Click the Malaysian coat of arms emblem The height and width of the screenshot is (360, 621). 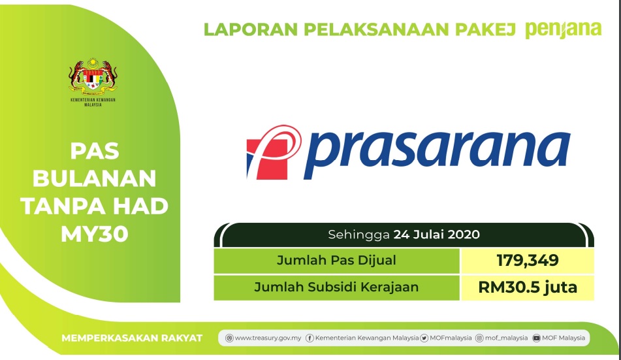click(x=93, y=77)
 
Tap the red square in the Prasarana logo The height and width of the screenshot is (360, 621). click(x=267, y=159)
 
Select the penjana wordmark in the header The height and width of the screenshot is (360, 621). click(x=563, y=30)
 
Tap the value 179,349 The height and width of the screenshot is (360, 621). click(x=528, y=261)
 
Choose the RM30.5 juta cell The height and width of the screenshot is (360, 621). click(x=528, y=287)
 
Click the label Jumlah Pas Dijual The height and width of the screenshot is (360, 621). click(x=336, y=261)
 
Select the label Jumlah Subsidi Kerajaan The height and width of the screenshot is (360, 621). click(x=336, y=287)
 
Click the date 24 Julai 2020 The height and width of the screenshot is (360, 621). click(x=436, y=235)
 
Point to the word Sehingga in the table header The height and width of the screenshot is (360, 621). click(x=358, y=235)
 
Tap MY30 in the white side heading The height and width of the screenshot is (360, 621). click(x=95, y=234)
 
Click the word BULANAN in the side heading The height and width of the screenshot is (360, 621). click(x=94, y=179)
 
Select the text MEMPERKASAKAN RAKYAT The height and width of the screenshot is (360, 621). click(x=132, y=338)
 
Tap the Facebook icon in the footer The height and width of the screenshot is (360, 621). click(x=310, y=338)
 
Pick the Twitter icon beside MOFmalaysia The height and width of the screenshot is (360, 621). click(x=424, y=338)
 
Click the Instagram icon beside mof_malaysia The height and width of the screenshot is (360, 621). click(x=479, y=338)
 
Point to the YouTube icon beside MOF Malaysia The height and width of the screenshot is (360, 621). click(x=536, y=338)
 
